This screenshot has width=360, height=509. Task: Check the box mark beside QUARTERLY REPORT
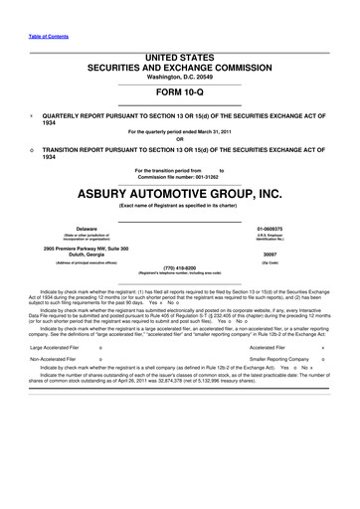pos(34,115)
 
